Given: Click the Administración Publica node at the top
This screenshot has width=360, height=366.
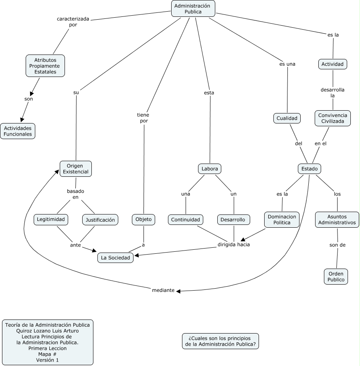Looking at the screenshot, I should pyautogui.click(x=193, y=8).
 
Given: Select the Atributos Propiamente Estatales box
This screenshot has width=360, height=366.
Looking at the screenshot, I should pyautogui.click(x=45, y=66).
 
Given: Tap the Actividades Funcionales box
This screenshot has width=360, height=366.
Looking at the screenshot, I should pyautogui.click(x=18, y=131).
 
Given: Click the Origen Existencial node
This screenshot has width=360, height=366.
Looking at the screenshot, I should pyautogui.click(x=75, y=169).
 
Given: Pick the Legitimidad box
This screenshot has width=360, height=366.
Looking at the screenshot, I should pyautogui.click(x=51, y=219).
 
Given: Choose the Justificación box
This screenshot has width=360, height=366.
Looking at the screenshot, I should pyautogui.click(x=101, y=220).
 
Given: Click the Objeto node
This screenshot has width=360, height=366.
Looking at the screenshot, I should pyautogui.click(x=143, y=219).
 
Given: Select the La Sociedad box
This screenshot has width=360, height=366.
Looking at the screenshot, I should pyautogui.click(x=115, y=258).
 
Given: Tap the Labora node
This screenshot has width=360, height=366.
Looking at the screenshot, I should pyautogui.click(x=210, y=169).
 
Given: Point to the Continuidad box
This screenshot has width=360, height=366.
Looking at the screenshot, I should pyautogui.click(x=185, y=220).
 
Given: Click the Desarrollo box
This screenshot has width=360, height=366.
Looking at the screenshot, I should pyautogui.click(x=234, y=220).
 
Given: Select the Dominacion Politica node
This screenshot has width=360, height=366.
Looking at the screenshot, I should pyautogui.click(x=282, y=220).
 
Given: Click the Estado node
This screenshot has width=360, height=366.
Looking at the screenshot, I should pyautogui.click(x=309, y=169).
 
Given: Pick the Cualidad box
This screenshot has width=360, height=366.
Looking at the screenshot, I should pyautogui.click(x=287, y=118).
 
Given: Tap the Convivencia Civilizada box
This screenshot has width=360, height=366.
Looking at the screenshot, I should pyautogui.click(x=332, y=118).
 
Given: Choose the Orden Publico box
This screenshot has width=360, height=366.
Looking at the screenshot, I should pyautogui.click(x=336, y=276).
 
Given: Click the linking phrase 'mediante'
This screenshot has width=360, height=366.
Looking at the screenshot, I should pyautogui.click(x=163, y=290).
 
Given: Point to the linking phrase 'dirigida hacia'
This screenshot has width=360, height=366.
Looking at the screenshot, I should pyautogui.click(x=233, y=244).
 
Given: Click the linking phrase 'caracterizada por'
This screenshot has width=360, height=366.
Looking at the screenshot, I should pyautogui.click(x=73, y=22).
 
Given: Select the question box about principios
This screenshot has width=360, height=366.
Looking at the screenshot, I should pyautogui.click(x=220, y=341).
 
